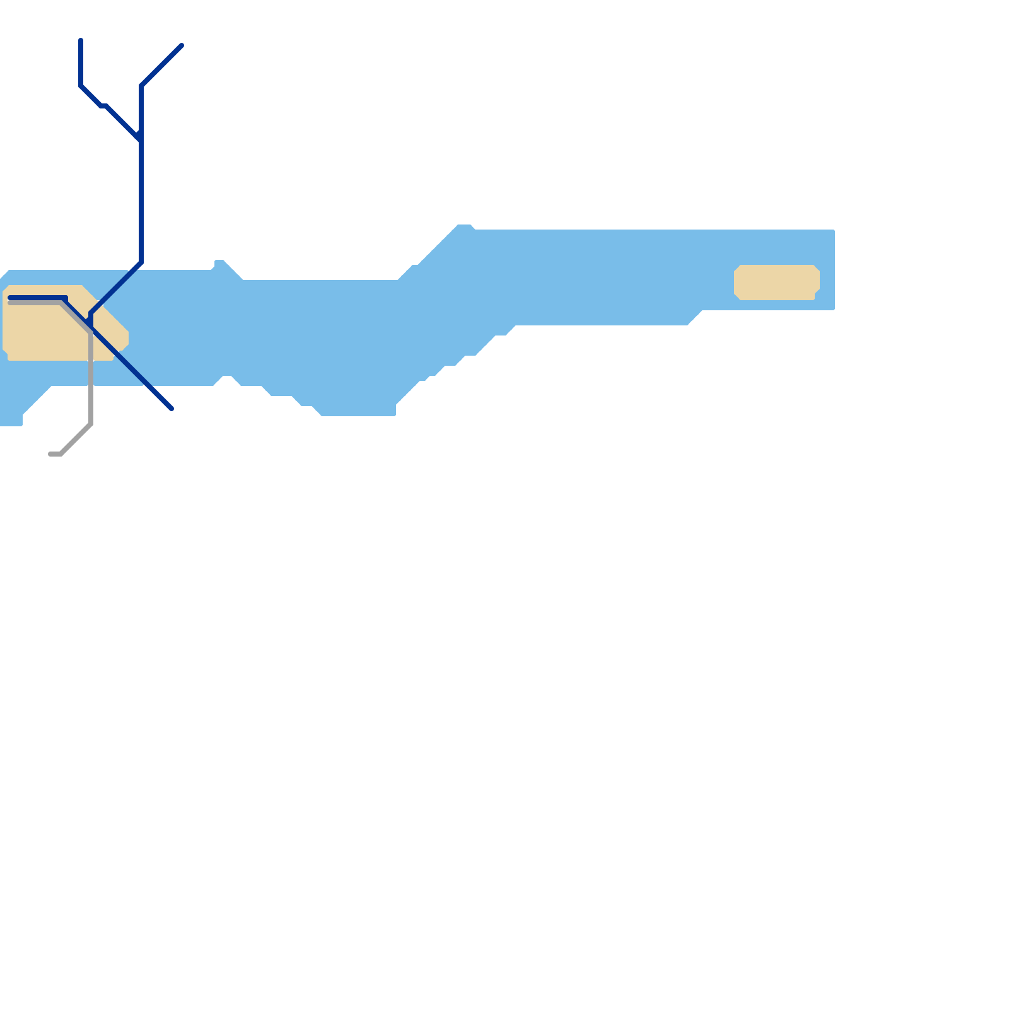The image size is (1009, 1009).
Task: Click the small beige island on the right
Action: (776, 282)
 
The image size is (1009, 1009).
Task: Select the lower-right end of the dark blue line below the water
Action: (171, 408)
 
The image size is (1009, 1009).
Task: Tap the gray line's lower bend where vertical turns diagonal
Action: (91, 424)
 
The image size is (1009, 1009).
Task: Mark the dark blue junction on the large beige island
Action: (91, 324)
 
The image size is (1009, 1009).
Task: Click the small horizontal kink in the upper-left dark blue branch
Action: (103, 105)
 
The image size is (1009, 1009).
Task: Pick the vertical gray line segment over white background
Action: (91, 404)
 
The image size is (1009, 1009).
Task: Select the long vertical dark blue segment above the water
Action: (141, 202)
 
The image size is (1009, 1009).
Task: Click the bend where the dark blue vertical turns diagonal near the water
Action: (141, 262)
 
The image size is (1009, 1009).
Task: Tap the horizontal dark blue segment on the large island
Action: (38, 298)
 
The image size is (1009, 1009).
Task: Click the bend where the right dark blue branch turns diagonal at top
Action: (142, 85)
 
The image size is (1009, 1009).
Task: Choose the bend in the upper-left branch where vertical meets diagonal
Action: (81, 85)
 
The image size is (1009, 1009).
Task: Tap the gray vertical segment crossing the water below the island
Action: (91, 372)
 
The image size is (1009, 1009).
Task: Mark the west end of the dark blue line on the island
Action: (11, 298)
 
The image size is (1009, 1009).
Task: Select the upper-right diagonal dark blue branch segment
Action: (161, 66)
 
